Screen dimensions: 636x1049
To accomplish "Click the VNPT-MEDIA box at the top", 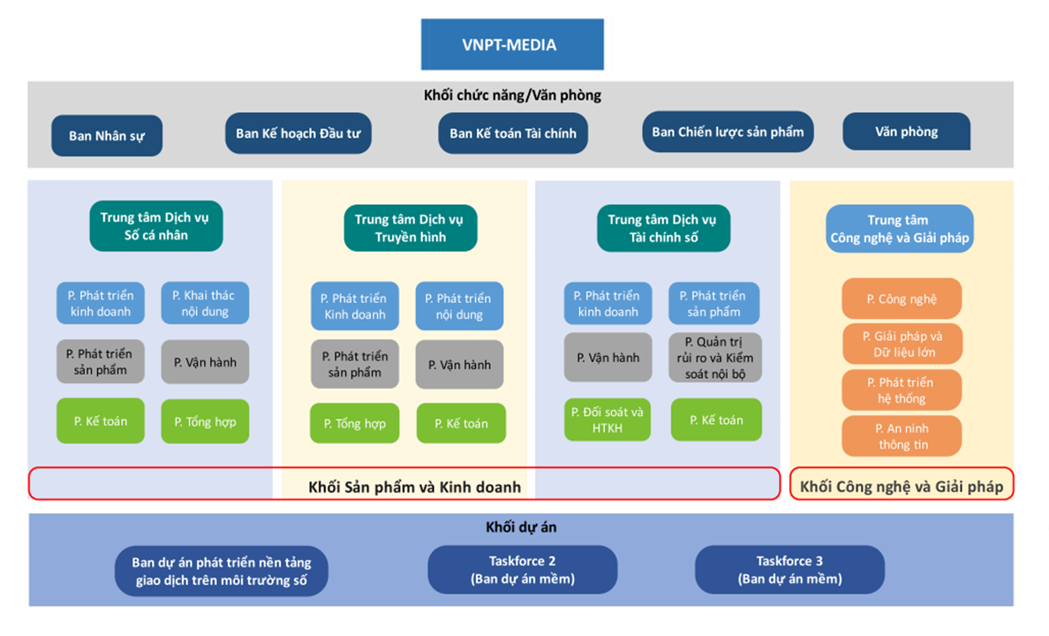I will (x=512, y=44).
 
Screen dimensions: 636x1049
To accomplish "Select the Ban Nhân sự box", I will (x=107, y=136).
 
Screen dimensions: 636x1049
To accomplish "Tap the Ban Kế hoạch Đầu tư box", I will (x=298, y=133).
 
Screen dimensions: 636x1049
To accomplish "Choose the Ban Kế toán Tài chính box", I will (x=513, y=133).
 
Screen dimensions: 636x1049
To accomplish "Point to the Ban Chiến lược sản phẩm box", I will (x=728, y=132).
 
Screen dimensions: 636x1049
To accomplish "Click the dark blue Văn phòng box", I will (x=906, y=132).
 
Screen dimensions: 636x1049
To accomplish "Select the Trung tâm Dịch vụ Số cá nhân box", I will (x=156, y=226).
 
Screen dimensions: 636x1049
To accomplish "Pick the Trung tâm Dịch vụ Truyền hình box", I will (x=411, y=229).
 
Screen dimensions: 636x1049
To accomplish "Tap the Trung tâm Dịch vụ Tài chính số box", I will (x=663, y=228).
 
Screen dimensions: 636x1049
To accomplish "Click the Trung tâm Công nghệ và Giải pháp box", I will (x=899, y=229).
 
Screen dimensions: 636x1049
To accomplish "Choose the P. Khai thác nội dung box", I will (x=205, y=303).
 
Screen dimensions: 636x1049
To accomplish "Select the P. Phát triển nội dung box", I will (x=459, y=306).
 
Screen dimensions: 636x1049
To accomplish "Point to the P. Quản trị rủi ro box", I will (x=714, y=358).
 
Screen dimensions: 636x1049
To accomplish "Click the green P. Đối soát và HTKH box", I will (x=608, y=420).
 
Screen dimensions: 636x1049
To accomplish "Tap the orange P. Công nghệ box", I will (x=901, y=299).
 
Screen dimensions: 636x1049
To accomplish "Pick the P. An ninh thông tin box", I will (x=902, y=436).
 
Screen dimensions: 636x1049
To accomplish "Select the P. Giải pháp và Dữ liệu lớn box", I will (x=901, y=344).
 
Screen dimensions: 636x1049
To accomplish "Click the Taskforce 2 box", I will (x=522, y=570).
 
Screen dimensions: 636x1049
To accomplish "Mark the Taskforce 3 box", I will (x=789, y=570).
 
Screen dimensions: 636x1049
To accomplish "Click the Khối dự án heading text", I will (x=521, y=527).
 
